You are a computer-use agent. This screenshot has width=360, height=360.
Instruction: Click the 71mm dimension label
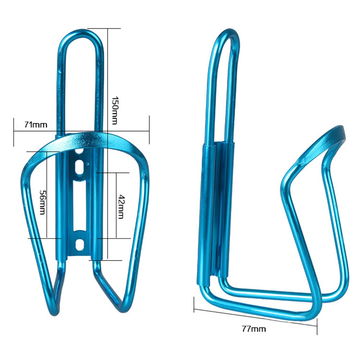[x=36, y=125]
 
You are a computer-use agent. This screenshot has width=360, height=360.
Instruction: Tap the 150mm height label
[x=115, y=110]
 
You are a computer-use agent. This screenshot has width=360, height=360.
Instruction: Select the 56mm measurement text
[x=43, y=202]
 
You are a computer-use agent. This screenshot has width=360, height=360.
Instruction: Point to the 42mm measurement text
[x=121, y=207]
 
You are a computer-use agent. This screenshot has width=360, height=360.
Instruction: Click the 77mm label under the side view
[x=254, y=329]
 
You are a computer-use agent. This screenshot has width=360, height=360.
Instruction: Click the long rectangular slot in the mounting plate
[x=79, y=205]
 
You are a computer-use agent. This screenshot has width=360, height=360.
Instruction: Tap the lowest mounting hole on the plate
[x=79, y=245]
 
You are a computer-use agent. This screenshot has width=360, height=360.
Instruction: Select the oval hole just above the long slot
[x=79, y=167]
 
